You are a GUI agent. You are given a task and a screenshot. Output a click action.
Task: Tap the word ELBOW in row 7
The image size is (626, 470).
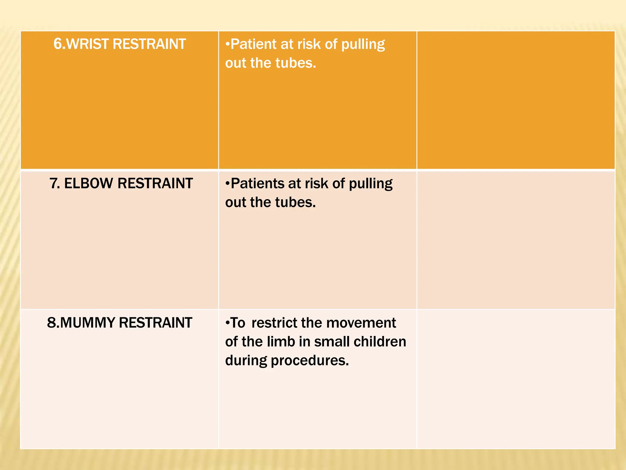[x=89, y=184]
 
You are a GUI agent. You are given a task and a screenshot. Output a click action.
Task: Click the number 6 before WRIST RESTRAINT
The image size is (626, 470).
[x=57, y=44]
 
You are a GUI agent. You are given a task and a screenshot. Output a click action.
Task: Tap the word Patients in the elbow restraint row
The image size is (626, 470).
[x=257, y=184]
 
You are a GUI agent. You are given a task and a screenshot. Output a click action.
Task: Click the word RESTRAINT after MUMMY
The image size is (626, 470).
[x=155, y=323]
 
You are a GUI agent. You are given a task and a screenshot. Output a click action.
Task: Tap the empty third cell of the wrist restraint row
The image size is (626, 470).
[x=516, y=100]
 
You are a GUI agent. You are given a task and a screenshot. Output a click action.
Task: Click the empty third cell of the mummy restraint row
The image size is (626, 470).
[x=516, y=379]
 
